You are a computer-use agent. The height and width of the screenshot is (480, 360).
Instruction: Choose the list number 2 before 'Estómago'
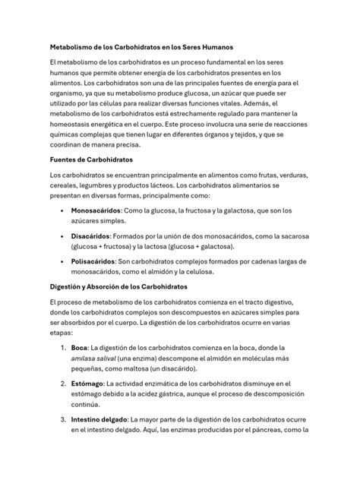coord(63,384)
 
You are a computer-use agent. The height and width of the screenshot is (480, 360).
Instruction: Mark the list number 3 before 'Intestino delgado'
coord(63,418)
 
